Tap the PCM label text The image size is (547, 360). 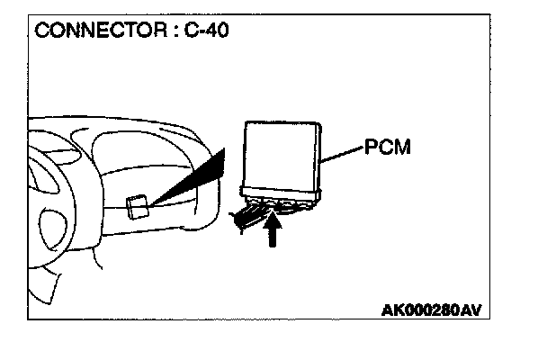389,147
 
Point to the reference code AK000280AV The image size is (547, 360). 432,310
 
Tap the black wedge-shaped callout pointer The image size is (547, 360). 193,179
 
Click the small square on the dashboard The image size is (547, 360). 138,207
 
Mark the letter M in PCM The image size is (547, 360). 404,147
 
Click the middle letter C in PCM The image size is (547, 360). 388,147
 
